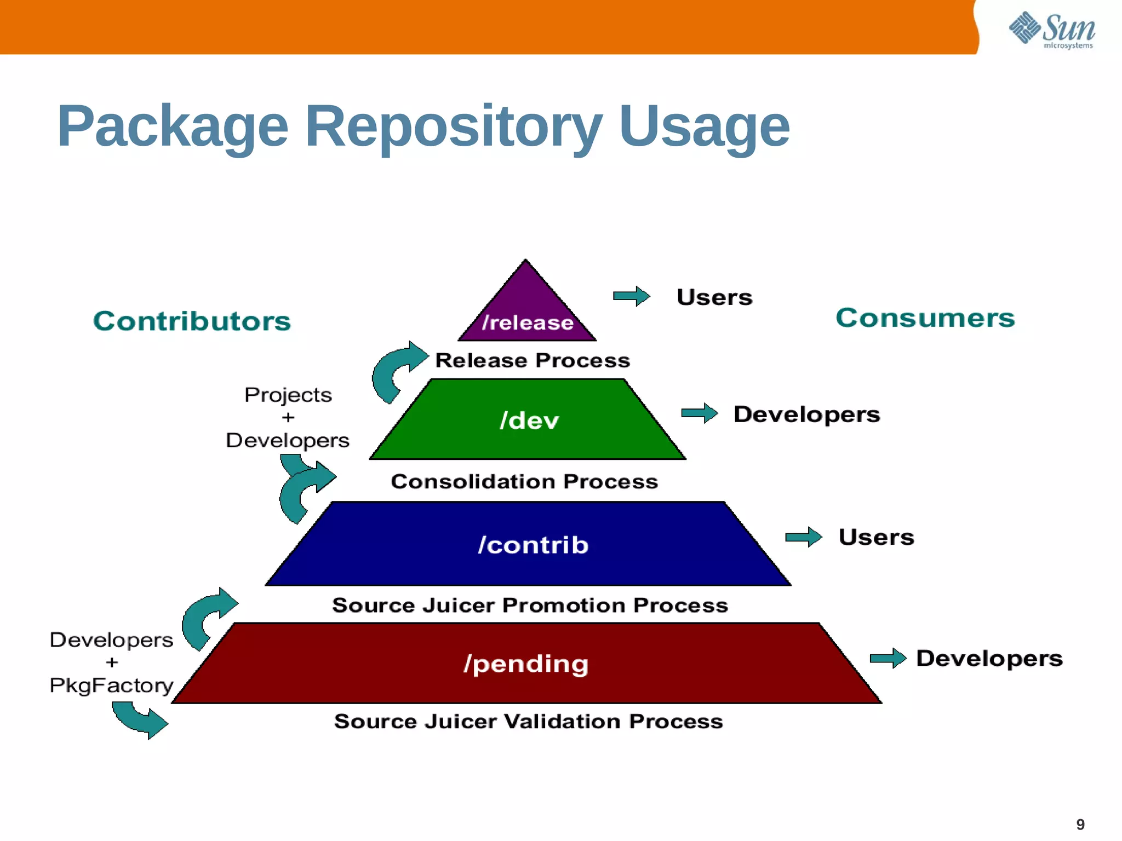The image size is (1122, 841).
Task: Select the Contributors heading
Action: [x=192, y=321]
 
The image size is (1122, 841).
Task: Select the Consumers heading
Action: [x=925, y=318]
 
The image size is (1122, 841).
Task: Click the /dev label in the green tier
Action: [x=529, y=420]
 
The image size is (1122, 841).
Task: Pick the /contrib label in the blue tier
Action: [x=533, y=545]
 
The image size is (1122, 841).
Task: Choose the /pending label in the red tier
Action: [x=526, y=664]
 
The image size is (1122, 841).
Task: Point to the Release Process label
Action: [x=533, y=360]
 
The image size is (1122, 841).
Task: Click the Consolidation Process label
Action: [x=524, y=481]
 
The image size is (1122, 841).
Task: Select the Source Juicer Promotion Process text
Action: [x=530, y=605]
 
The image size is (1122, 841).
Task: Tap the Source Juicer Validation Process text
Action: [x=528, y=721]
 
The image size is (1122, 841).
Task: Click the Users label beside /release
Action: [x=714, y=297]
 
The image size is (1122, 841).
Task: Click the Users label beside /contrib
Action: [x=876, y=537]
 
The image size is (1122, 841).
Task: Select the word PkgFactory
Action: [x=111, y=686]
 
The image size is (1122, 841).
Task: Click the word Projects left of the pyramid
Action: [x=288, y=395]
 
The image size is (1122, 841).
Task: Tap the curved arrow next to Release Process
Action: [x=397, y=370]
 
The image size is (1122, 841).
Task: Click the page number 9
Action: [x=1080, y=824]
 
